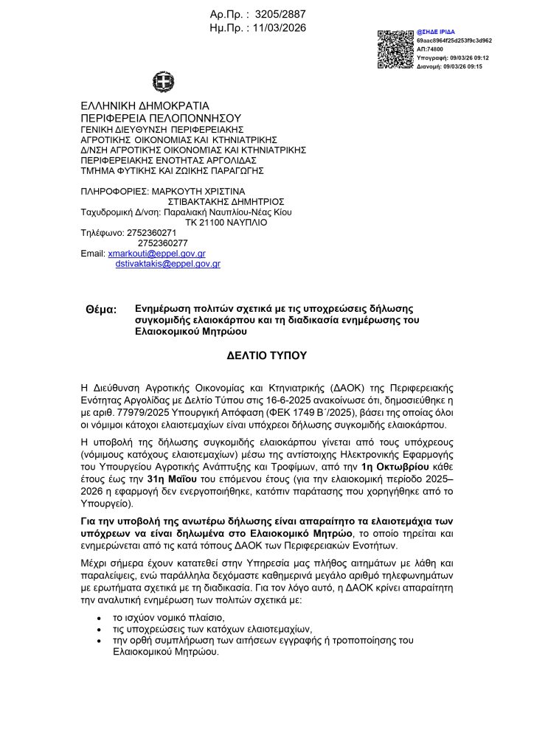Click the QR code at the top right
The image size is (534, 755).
tap(395, 49)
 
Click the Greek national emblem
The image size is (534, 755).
tap(163, 81)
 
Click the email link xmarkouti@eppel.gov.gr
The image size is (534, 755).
tap(156, 253)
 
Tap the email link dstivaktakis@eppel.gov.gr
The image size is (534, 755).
tap(168, 263)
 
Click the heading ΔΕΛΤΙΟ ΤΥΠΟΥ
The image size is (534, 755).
tap(266, 355)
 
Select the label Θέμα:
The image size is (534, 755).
tap(101, 310)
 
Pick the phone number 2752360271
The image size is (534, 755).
tap(152, 232)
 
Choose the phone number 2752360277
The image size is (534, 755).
tap(162, 243)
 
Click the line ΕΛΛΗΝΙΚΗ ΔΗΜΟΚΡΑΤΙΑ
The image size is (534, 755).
tap(145, 105)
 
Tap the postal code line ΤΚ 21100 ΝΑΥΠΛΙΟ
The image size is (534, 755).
tap(226, 222)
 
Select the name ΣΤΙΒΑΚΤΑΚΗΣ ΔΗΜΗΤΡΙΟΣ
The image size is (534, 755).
tap(226, 201)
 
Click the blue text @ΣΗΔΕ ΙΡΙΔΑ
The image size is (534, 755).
tap(436, 32)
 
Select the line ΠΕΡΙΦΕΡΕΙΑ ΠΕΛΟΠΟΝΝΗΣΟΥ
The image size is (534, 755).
tap(161, 117)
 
